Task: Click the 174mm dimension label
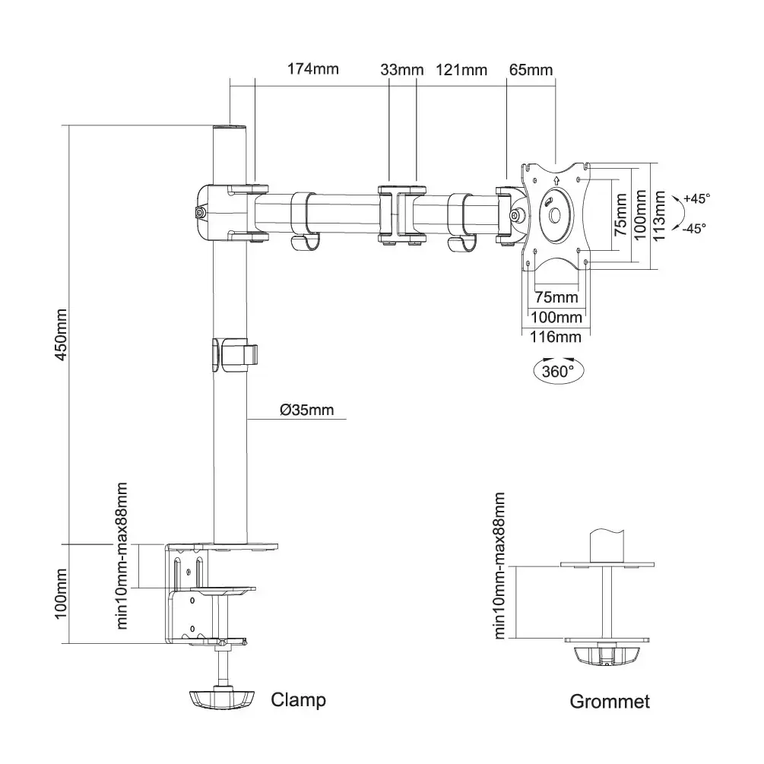point(312,70)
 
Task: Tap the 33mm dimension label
point(401,70)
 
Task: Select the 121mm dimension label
point(461,70)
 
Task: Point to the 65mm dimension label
point(531,70)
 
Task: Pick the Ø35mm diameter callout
point(306,411)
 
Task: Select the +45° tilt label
point(696,198)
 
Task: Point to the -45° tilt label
point(694,227)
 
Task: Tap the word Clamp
point(298,699)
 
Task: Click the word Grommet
point(610,701)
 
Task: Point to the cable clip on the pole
point(234,354)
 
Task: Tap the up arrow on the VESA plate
point(556,181)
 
